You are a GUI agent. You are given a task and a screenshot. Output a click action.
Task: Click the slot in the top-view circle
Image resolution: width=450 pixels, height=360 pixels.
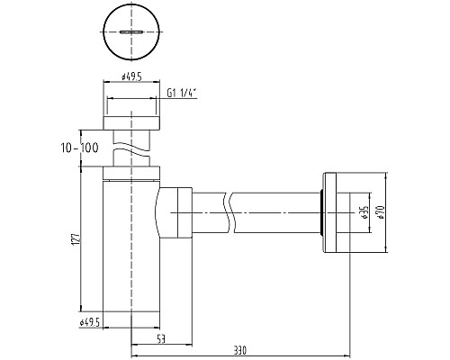point(131,31)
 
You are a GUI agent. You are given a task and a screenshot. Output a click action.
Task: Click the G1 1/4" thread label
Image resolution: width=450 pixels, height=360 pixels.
point(181,94)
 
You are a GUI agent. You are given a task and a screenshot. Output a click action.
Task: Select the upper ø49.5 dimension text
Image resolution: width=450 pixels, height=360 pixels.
point(131,77)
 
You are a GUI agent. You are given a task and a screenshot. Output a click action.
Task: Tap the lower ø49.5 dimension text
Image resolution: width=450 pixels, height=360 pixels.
point(89,322)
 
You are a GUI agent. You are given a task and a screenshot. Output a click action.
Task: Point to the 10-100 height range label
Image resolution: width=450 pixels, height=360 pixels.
point(80,148)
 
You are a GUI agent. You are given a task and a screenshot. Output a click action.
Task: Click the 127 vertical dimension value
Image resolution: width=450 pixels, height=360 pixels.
point(76,238)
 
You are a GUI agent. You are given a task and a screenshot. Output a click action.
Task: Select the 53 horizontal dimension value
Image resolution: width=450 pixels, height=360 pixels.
point(161,339)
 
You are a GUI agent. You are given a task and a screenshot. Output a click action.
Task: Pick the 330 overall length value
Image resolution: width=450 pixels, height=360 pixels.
point(240,350)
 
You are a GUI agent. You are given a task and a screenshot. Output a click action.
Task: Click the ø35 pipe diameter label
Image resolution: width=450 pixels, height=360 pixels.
point(365,212)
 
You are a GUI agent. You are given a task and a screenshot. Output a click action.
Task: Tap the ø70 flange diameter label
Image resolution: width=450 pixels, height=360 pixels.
point(381,212)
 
